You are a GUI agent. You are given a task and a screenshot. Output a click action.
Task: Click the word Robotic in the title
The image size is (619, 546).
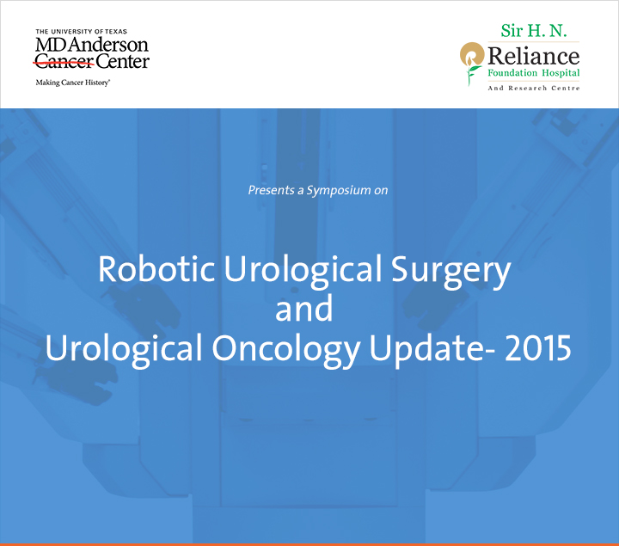tap(156, 268)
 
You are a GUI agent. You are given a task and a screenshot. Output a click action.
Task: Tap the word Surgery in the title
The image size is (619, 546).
tap(450, 272)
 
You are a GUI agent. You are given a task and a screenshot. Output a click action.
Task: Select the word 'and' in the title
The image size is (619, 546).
tap(304, 309)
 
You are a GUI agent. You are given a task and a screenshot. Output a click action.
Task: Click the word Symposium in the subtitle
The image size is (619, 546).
tap(339, 191)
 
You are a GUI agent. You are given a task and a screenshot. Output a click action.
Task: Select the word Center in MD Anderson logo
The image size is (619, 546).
tap(122, 61)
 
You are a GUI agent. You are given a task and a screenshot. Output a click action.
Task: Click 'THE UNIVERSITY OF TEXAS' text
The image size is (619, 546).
tap(82, 31)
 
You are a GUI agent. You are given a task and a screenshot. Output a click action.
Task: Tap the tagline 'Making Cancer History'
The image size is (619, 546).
tap(72, 83)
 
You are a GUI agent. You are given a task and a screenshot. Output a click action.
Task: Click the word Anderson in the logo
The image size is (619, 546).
tap(108, 45)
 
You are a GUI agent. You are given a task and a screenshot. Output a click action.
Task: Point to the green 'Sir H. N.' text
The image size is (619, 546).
tap(534, 31)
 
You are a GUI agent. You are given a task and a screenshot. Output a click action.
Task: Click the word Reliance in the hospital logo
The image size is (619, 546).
tap(534, 56)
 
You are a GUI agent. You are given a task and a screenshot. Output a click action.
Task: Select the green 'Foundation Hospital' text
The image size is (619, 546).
tap(534, 73)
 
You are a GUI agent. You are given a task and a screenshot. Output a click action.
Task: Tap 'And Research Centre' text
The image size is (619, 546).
tap(534, 88)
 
